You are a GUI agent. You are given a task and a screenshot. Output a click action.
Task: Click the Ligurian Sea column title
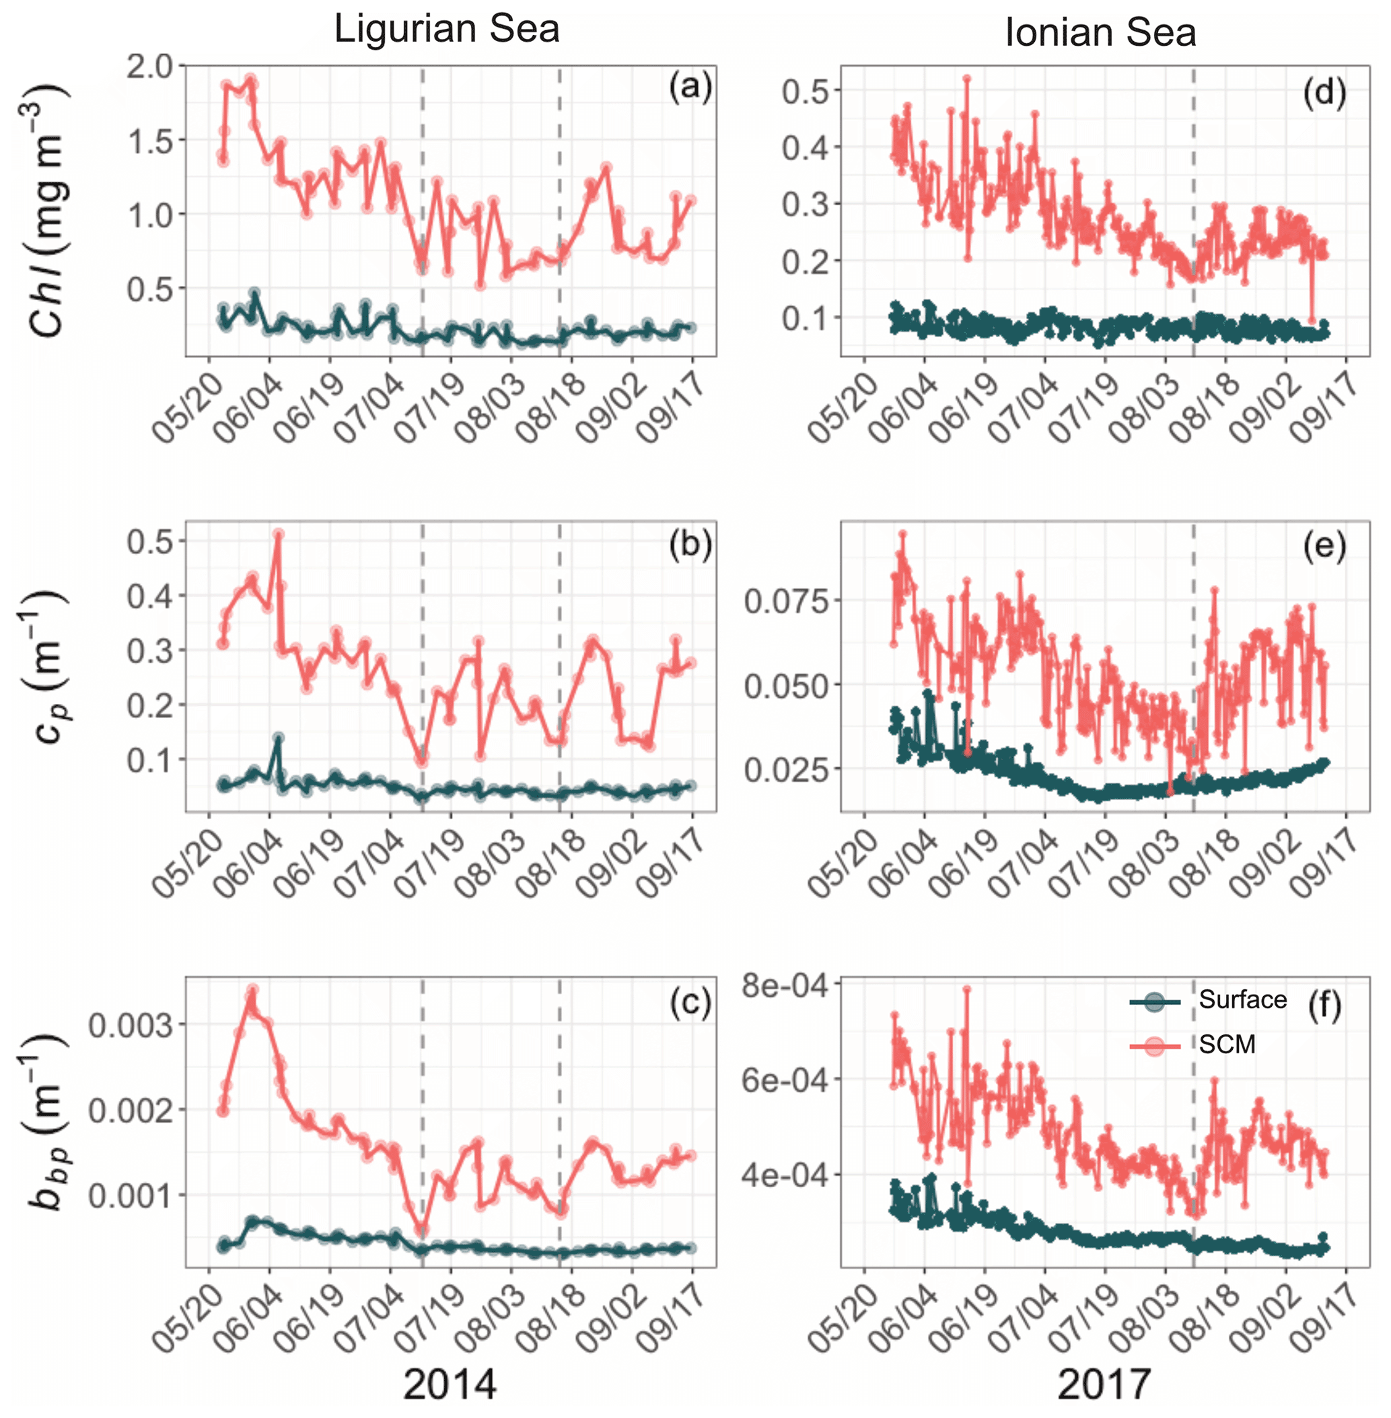coord(446,29)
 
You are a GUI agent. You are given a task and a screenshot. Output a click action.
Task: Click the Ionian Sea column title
coord(1100,33)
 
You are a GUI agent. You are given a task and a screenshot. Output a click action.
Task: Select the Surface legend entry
coord(1242,999)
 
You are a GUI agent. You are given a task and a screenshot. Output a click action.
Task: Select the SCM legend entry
coord(1227,1044)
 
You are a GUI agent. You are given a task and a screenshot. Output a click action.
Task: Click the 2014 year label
coord(450,1384)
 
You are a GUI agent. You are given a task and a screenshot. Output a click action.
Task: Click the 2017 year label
coord(1104,1384)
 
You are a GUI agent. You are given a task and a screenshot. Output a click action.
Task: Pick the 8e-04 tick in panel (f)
coord(785,985)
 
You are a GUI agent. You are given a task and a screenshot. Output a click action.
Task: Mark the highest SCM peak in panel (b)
coord(278,533)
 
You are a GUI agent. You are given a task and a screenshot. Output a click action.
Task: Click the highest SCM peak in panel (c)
coord(253,990)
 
